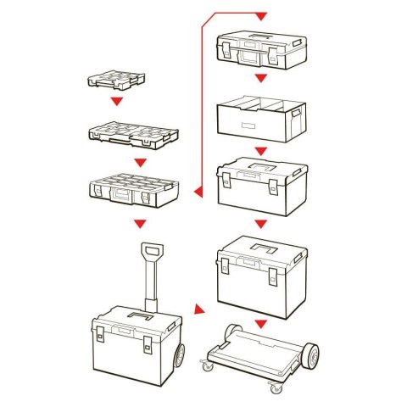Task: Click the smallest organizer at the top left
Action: click(x=116, y=81)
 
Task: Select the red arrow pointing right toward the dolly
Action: click(x=198, y=310)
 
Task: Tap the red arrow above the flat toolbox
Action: click(x=261, y=16)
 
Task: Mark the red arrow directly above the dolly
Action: click(x=261, y=323)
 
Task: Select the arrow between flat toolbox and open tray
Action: click(x=261, y=78)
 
